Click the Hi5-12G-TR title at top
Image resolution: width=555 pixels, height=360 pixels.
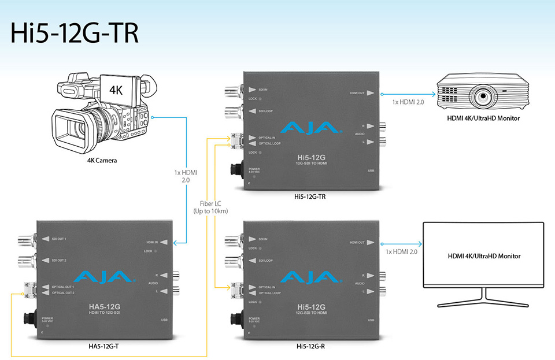point(75,33)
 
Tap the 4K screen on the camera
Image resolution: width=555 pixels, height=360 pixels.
point(116,90)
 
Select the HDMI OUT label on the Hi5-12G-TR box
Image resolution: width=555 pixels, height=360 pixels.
point(357,92)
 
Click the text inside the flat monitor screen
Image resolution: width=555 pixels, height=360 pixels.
point(484,256)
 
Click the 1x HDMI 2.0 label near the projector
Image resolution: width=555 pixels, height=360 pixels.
point(408,102)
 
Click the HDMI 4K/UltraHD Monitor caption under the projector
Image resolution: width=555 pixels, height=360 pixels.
point(483,118)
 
